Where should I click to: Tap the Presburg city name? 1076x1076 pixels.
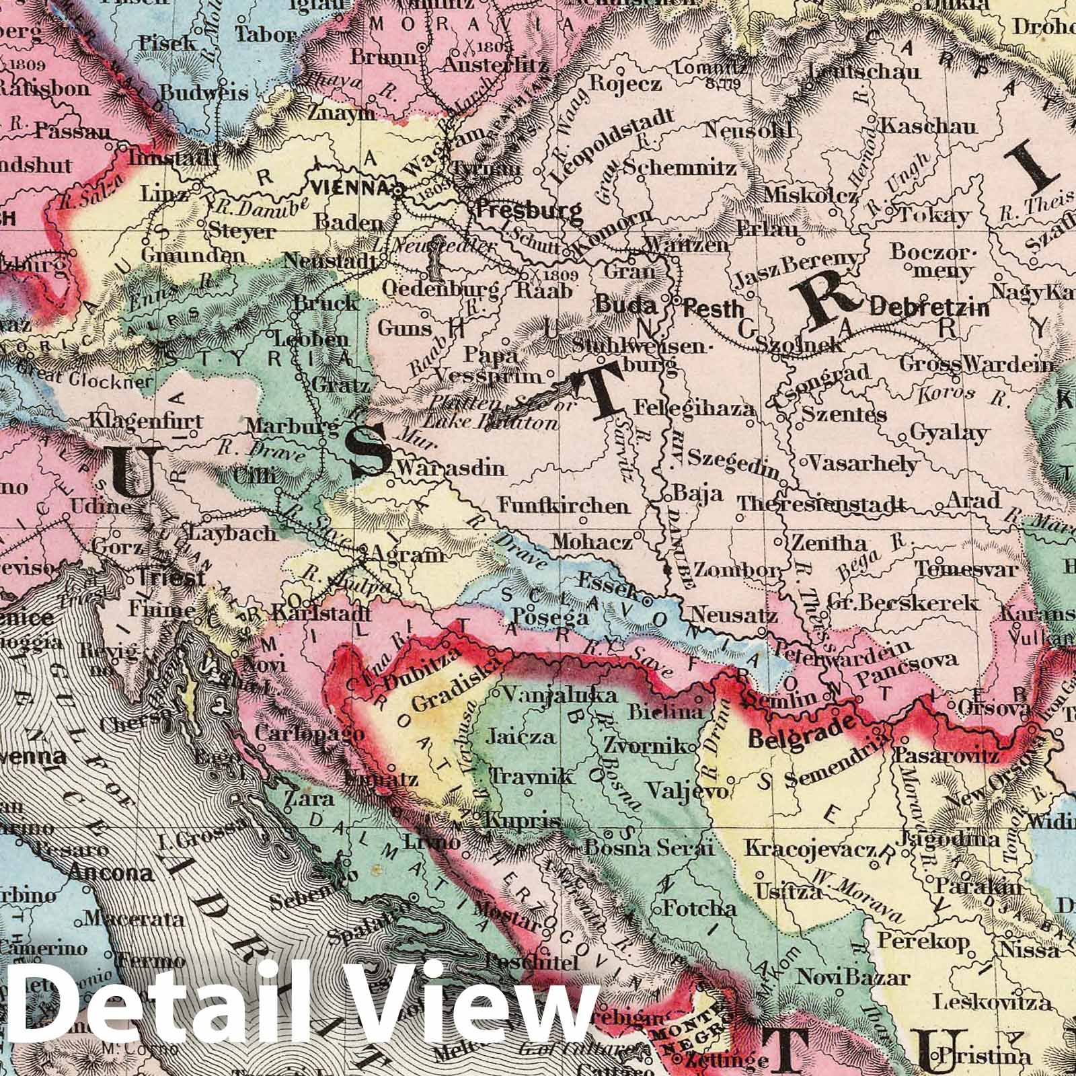[x=529, y=210]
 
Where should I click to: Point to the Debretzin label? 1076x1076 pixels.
[x=929, y=308]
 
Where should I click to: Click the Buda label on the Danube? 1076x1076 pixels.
[x=625, y=306]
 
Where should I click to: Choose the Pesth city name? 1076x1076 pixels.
[x=714, y=309]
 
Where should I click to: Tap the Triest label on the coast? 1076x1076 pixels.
[x=171, y=578]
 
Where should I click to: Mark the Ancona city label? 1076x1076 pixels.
[x=111, y=874]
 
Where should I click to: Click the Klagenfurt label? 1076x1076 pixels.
[x=145, y=422]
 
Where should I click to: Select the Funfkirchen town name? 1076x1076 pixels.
[x=564, y=505]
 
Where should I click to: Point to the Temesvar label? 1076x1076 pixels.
[x=966, y=569]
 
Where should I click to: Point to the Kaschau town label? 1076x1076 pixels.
[x=919, y=126]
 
